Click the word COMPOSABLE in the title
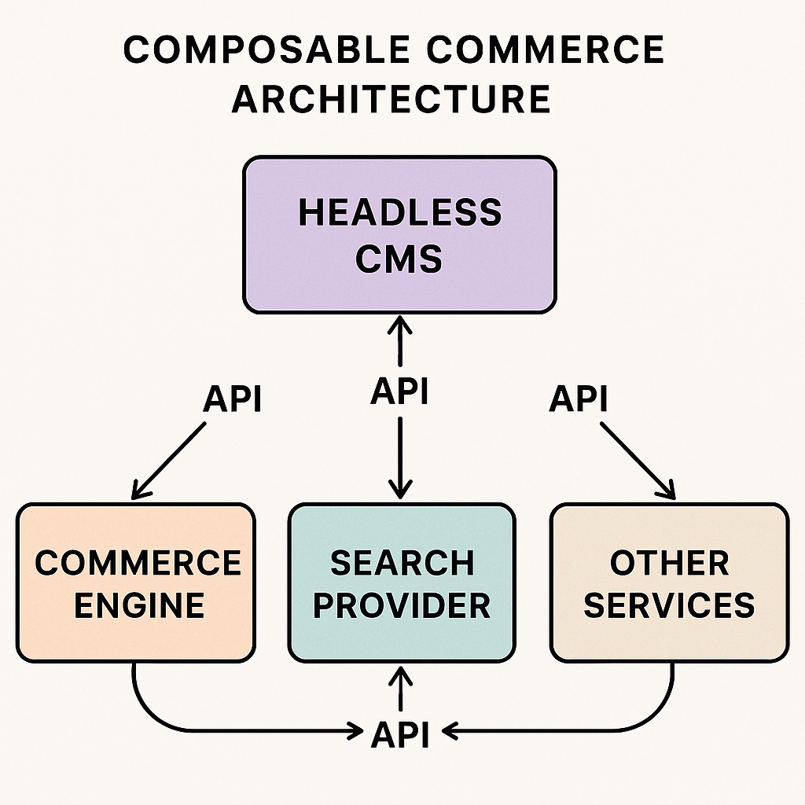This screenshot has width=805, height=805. click(266, 50)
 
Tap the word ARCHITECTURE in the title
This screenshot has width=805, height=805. click(391, 100)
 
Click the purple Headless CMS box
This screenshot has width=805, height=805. click(399, 234)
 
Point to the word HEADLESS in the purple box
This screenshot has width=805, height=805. click(399, 213)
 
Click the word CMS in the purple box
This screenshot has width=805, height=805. click(399, 259)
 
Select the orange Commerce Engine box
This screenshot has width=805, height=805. click(135, 583)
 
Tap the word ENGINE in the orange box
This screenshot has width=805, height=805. click(139, 605)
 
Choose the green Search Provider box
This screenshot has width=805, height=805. click(401, 583)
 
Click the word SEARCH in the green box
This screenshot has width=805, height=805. click(402, 563)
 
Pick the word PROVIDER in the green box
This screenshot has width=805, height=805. click(402, 605)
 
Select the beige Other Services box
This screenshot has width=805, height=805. click(669, 583)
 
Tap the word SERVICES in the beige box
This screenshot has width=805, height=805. click(669, 605)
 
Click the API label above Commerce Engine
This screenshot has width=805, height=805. click(233, 399)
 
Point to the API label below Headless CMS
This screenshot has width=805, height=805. click(400, 391)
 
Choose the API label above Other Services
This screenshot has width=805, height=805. click(579, 399)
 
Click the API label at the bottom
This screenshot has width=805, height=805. click(401, 734)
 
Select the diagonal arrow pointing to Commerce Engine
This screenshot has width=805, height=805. click(170, 460)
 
